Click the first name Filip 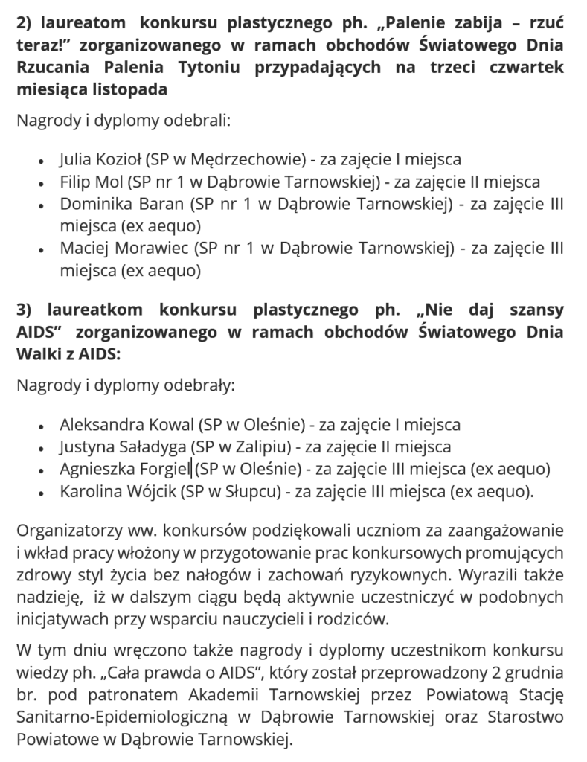(x=75, y=181)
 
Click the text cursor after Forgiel (x=191, y=470)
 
